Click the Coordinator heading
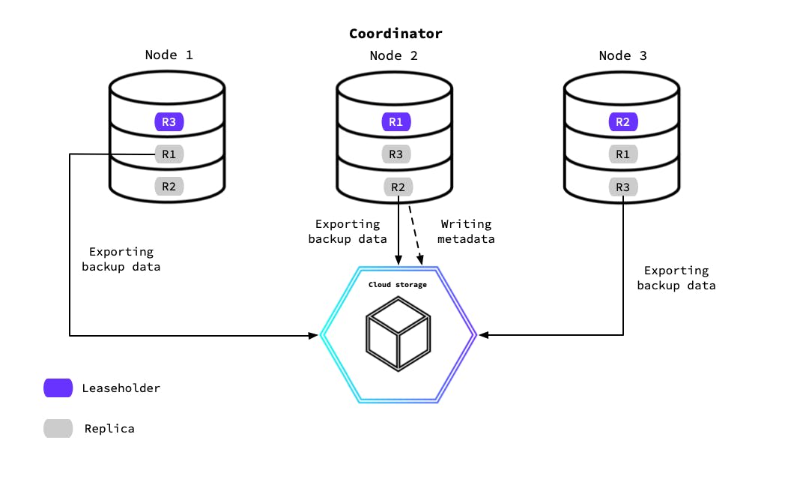click(x=395, y=34)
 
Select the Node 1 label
click(x=169, y=55)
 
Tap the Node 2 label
click(x=394, y=55)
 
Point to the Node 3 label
click(x=622, y=55)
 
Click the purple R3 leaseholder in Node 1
click(x=169, y=121)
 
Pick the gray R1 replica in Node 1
click(x=169, y=154)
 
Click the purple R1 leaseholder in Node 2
click(x=395, y=121)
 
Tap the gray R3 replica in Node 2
click(x=395, y=154)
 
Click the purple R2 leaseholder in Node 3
click(x=622, y=121)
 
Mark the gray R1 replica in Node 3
click(x=622, y=154)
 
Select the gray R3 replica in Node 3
click(x=622, y=187)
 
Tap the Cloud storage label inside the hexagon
click(x=397, y=285)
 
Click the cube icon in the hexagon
click(x=398, y=334)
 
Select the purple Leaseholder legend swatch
click(x=58, y=388)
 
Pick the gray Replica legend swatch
click(x=58, y=429)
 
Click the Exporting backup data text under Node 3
click(x=676, y=277)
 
